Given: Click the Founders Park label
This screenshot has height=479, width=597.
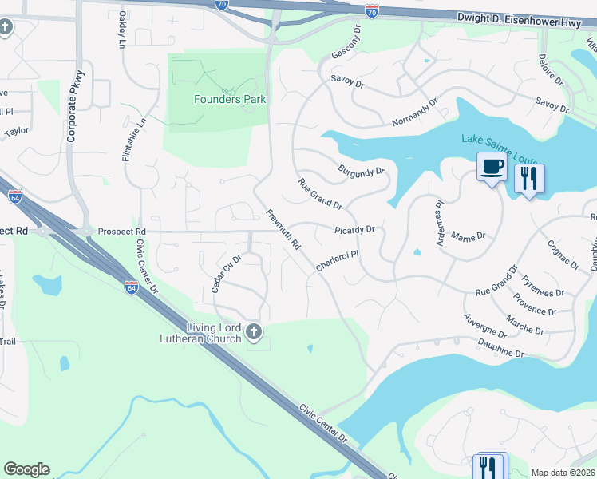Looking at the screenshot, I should [x=230, y=100].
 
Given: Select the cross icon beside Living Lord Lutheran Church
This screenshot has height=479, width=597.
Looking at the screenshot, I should [x=254, y=331].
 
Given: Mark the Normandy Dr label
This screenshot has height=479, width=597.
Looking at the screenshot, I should [x=415, y=113].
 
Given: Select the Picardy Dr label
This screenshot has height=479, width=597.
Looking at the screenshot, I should [x=354, y=230].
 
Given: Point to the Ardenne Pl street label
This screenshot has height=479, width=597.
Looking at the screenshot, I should [x=438, y=216].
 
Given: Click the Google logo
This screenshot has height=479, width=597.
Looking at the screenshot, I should [x=26, y=469].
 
